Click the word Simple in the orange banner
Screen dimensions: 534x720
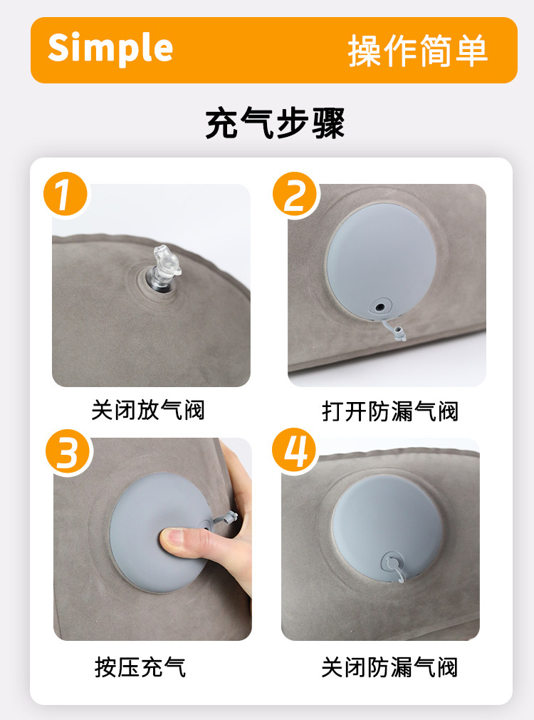110,48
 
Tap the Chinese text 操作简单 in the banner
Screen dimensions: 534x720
417,51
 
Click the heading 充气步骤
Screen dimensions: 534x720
275,123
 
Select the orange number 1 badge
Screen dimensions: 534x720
65,194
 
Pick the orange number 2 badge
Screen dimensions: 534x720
295,194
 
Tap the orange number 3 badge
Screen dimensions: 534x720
68,452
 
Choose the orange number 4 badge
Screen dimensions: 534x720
294,451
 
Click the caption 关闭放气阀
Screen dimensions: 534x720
147,410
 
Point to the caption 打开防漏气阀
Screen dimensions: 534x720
390,411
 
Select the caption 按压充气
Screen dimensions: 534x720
140,667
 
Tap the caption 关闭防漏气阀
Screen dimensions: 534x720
389,667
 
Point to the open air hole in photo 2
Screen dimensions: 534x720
379,307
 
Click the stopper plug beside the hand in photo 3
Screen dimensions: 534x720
229,518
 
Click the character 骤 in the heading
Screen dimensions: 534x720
328,123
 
